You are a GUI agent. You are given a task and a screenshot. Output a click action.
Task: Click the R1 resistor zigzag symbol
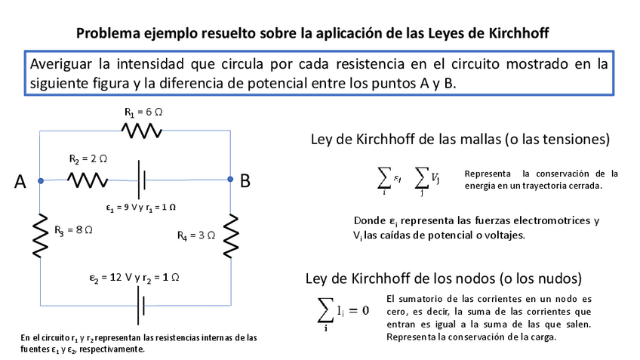click(142, 131)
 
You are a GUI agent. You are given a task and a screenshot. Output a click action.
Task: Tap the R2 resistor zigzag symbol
click(88, 180)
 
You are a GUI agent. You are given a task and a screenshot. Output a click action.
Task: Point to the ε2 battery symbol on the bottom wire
click(140, 306)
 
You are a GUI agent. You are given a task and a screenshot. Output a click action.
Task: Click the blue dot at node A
click(41, 180)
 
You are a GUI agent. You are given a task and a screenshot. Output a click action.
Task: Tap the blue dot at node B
click(229, 180)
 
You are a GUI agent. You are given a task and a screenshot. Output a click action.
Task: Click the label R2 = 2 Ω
click(88, 159)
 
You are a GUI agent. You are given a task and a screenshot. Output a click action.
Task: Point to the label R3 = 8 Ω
click(73, 229)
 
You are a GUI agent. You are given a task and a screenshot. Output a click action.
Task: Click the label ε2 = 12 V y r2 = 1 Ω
click(134, 278)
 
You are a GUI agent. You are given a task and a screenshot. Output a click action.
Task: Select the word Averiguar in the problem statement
click(63, 64)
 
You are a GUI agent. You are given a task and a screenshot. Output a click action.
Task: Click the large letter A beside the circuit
click(20, 181)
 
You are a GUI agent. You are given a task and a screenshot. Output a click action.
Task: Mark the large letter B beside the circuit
click(245, 181)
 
